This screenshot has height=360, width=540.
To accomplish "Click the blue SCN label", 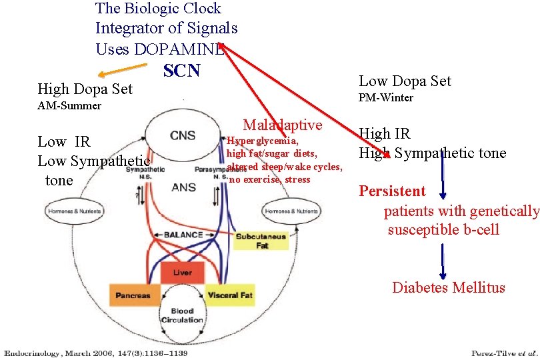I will (181, 70).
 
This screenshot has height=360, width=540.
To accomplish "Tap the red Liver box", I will (183, 273).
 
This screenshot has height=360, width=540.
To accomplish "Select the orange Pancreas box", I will (132, 295).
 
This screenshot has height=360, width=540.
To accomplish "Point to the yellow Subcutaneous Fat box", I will (261, 241).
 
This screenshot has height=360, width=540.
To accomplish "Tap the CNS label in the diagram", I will (183, 135).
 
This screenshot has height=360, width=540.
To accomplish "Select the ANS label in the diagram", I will (183, 187).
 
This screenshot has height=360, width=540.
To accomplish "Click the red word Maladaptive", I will (282, 125).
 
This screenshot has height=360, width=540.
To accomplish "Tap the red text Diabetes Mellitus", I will (448, 288).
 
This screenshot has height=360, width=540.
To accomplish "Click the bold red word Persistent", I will (392, 191).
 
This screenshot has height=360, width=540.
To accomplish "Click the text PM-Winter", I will (386, 98).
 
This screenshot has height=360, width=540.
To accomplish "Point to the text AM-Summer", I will (69, 106).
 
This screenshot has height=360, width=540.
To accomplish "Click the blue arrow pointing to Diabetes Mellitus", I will (443, 261).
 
